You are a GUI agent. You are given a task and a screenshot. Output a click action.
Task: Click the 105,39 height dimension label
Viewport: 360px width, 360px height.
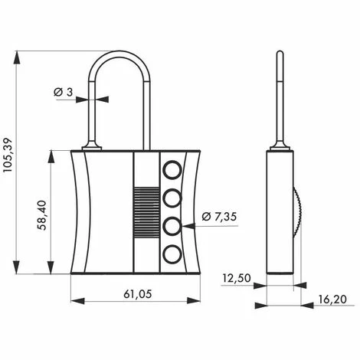click(8, 155)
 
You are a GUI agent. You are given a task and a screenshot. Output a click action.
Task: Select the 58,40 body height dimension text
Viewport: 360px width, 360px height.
click(42, 215)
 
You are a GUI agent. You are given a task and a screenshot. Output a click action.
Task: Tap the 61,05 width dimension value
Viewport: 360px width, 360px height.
click(138, 294)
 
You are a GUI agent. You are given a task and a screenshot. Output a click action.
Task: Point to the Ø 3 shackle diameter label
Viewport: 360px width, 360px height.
click(64, 92)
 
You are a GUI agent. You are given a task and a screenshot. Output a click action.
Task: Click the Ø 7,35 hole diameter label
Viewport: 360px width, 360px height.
click(219, 217)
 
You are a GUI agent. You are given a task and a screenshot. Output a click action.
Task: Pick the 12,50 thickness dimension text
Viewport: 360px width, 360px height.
click(237, 278)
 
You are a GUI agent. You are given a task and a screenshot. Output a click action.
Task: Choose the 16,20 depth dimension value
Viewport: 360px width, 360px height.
click(332, 299)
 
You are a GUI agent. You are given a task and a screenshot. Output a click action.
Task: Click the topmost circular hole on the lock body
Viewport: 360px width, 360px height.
click(172, 170)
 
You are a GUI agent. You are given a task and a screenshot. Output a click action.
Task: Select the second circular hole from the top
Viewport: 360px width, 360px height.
click(172, 198)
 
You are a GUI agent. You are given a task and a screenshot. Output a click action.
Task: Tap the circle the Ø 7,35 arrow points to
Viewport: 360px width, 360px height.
click(172, 226)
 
